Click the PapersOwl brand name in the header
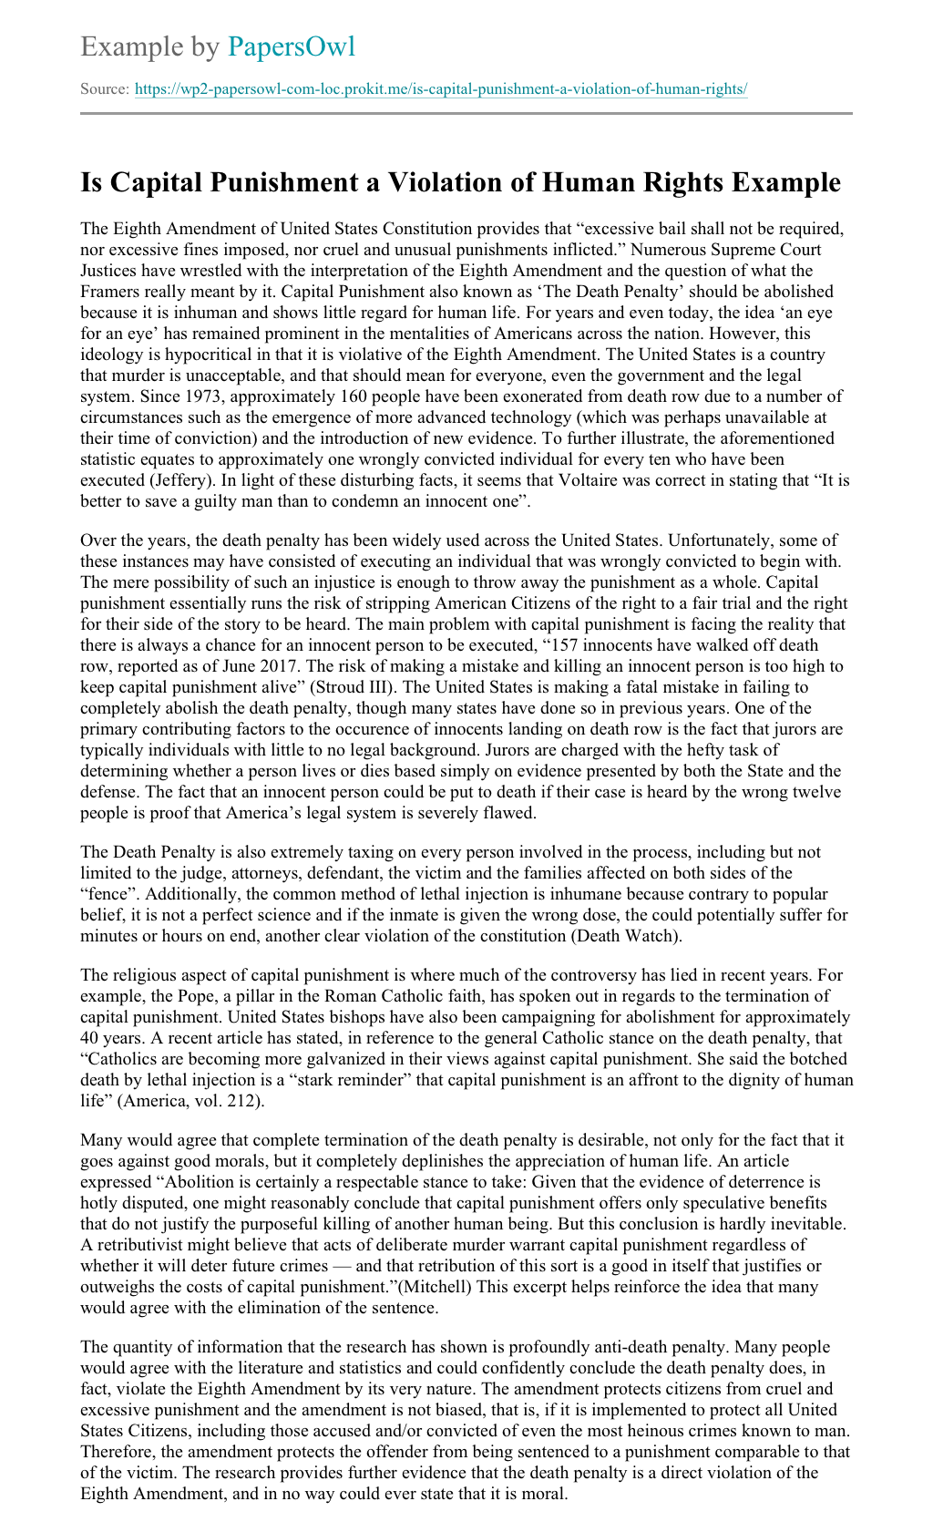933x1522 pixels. [292, 46]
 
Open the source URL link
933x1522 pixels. [441, 89]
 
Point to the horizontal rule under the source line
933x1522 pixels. [466, 114]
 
